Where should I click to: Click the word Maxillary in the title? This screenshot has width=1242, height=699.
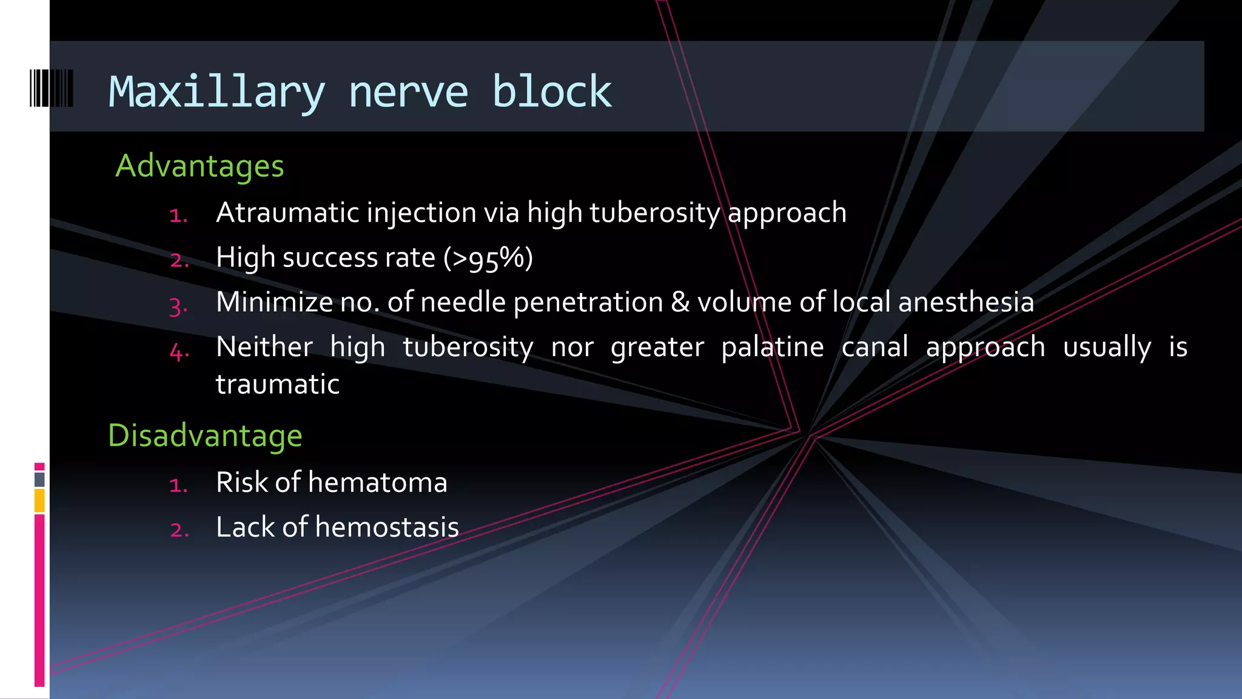217,92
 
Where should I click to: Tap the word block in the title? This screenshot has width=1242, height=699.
551,92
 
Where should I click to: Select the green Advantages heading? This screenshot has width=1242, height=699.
200,166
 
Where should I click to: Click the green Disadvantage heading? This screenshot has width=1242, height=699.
205,436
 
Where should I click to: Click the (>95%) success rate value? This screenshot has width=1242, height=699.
488,258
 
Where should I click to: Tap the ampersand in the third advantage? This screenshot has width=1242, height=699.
680,302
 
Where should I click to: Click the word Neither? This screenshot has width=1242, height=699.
264,347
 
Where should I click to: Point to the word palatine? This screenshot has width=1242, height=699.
772,347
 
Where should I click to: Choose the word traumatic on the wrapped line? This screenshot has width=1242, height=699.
277,384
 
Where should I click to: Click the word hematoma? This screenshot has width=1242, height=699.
377,483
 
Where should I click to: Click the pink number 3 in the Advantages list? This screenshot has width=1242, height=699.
178,306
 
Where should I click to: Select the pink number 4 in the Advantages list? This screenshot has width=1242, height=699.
178,351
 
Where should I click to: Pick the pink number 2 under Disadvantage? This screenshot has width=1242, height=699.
179,530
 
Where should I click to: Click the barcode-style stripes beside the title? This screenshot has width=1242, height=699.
52,89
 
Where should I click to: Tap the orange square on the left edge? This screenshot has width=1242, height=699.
39,501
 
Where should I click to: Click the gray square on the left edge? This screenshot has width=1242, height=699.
39,479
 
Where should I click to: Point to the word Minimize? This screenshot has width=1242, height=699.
274,302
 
